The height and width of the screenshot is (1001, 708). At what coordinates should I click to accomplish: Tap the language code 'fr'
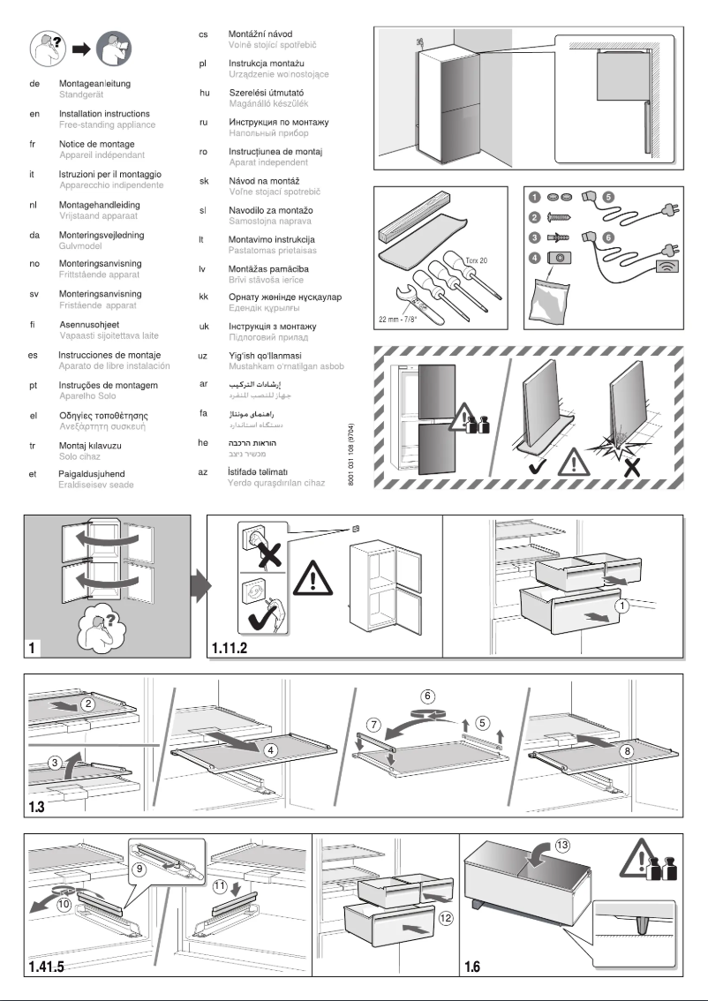[34, 144]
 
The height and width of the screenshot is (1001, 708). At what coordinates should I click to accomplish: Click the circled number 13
[562, 844]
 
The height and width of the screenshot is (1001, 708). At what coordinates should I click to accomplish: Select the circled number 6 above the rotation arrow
[427, 695]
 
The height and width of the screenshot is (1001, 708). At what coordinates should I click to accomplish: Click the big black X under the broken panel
[632, 466]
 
